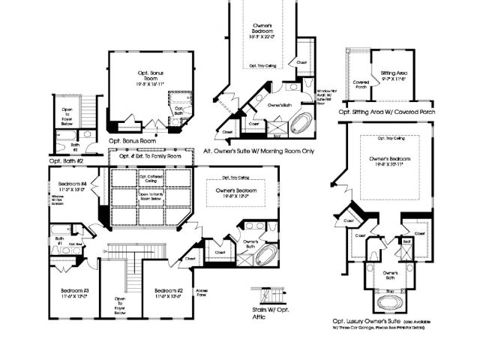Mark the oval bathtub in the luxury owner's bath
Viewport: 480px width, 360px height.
coord(390,303)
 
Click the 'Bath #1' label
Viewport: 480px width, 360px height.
coord(58,242)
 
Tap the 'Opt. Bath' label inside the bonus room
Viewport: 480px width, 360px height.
coord(180,109)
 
